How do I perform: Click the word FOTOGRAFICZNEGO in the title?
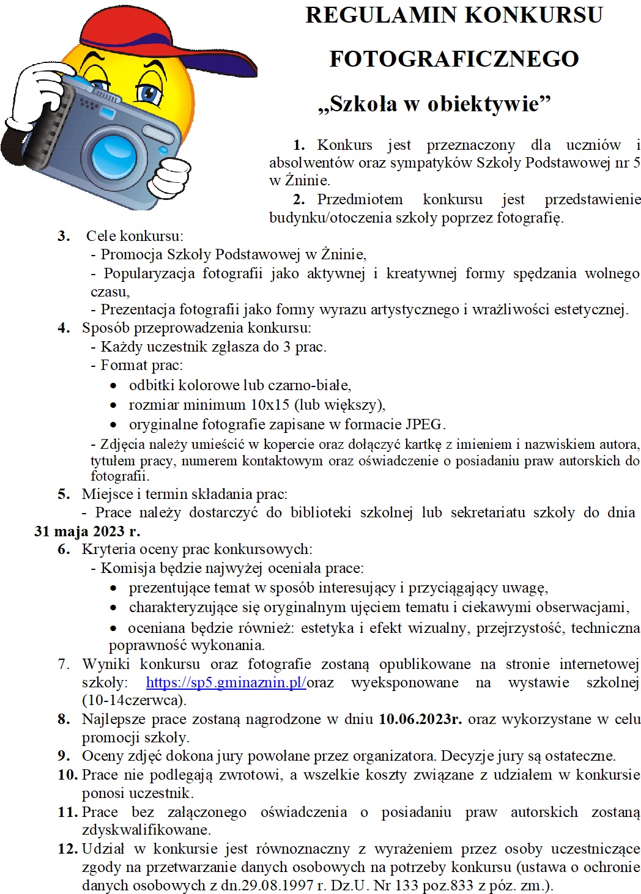(x=454, y=59)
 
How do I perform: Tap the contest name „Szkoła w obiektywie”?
(x=434, y=104)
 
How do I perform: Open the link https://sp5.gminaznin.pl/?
(x=226, y=682)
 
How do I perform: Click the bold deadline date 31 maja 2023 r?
(x=87, y=531)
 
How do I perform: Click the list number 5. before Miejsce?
(x=64, y=494)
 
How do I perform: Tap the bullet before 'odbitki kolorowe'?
(x=113, y=386)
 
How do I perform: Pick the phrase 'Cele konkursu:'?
(x=135, y=236)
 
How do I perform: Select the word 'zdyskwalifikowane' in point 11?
(x=146, y=830)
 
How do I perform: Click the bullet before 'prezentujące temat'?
(x=113, y=589)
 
